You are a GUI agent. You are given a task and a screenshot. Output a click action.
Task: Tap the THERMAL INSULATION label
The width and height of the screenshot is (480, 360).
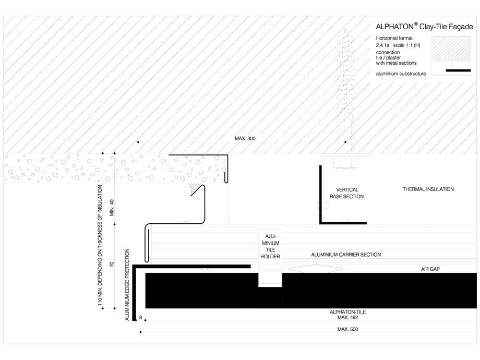coord(428,189)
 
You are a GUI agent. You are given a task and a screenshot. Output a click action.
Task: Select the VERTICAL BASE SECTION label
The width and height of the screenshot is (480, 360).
coord(346,193)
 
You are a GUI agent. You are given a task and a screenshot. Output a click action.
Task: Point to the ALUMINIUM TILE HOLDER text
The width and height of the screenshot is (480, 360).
coord(270,246)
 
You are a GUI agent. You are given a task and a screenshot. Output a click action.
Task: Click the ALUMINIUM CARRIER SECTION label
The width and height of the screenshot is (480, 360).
coord(345,255)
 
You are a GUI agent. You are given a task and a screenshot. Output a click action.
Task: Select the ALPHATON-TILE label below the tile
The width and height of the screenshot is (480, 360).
coord(347,312)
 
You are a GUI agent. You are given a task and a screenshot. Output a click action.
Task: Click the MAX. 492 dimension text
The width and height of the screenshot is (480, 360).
coord(347,317)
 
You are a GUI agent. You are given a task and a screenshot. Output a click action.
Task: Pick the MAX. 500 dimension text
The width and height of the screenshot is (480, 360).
coord(347,329)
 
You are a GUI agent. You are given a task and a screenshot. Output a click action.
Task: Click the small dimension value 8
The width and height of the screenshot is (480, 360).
coord(141,318)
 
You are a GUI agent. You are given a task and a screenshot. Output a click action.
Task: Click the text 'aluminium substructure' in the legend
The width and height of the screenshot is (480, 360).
coord(401,74)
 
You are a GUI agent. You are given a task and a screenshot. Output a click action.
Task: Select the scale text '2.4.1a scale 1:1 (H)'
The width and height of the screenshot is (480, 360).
coord(398,46)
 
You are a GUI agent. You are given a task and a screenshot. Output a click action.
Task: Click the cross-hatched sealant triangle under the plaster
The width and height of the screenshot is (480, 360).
coord(196,187)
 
